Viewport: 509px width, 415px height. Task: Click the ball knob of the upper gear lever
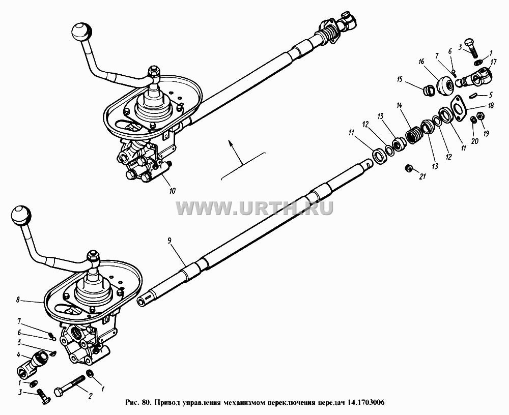point(81,32)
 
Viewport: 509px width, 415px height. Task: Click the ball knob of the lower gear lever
point(21,216)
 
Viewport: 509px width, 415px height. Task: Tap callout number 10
point(173,191)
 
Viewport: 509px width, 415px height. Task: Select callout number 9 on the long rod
point(169,241)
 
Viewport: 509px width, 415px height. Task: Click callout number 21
point(422,176)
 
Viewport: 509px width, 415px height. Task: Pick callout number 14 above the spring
point(399,105)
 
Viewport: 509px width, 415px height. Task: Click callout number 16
point(421,62)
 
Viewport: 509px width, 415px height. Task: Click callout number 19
point(486,133)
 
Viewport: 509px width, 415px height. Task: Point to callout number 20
point(474,141)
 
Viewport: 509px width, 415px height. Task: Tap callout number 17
point(494,62)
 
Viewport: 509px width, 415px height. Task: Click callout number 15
point(399,79)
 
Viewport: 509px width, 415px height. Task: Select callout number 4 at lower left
point(18,354)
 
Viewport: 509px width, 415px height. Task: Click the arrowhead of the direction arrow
point(230,142)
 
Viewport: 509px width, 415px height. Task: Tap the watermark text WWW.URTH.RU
point(255,207)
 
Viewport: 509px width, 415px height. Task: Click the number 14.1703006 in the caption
point(366,403)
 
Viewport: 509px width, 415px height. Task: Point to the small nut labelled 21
point(408,168)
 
